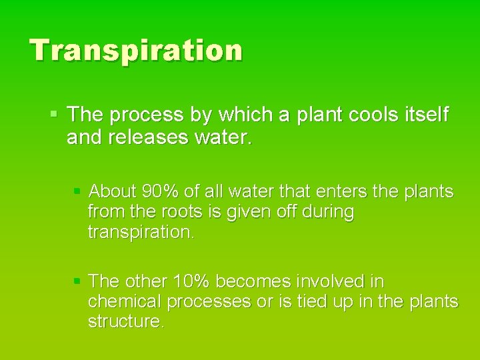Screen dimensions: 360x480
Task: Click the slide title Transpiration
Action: point(136,51)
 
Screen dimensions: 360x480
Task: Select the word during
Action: point(330,213)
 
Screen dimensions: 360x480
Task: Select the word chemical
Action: point(125,301)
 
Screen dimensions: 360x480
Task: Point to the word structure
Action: point(125,322)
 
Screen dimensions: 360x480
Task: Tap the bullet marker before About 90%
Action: point(77,192)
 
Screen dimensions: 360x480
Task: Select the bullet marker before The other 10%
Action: point(77,281)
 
